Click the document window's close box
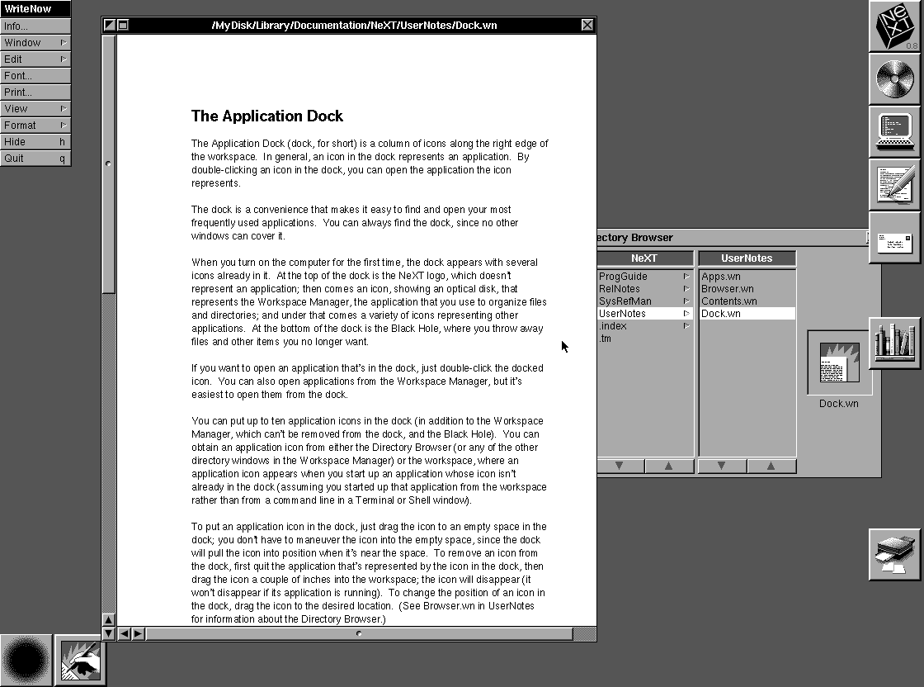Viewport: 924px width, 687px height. tap(587, 25)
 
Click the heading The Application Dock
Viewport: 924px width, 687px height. tap(267, 116)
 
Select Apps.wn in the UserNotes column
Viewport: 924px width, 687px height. tap(721, 277)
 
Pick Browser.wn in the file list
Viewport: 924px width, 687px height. tap(727, 289)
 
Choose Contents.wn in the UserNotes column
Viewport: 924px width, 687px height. tap(729, 301)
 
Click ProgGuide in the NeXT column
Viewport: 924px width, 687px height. tap(623, 277)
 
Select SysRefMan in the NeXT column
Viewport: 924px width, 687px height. tap(625, 301)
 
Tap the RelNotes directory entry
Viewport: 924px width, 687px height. tap(620, 289)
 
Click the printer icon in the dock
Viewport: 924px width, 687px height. tap(895, 555)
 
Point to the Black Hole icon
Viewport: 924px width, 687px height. tap(26, 660)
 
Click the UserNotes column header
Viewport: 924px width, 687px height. tap(747, 258)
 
